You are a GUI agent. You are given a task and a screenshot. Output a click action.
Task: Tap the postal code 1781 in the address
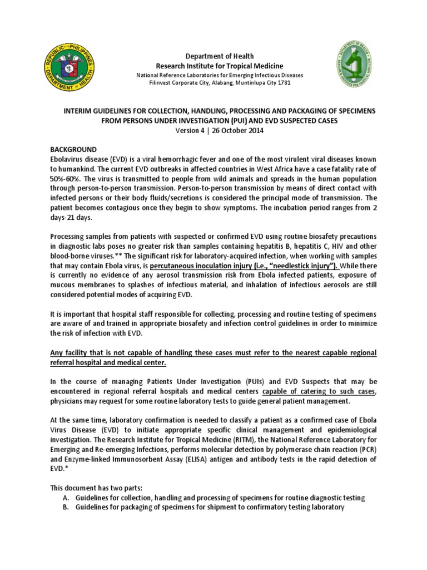pyautogui.click(x=281, y=83)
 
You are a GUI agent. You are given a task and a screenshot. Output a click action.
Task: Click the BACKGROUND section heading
pyautogui.click(x=74, y=150)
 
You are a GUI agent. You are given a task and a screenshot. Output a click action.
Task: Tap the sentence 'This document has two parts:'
pyautogui.click(x=98, y=488)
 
